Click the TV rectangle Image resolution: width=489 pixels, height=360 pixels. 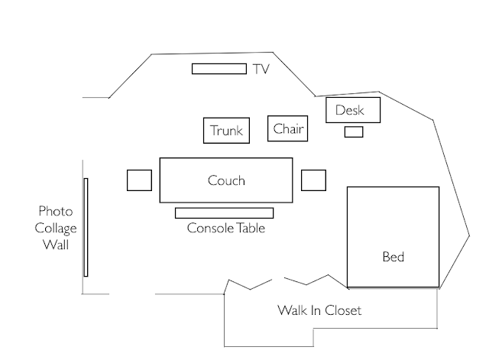click(219, 69)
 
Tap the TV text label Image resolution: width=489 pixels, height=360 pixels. click(261, 70)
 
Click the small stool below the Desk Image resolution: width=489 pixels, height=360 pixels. click(353, 131)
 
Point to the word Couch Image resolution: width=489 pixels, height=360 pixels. click(226, 181)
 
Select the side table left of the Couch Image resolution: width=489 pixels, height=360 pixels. click(139, 180)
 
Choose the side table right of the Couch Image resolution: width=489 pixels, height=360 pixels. click(313, 180)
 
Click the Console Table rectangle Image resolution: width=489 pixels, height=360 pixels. click(224, 212)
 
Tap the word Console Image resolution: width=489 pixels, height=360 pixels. click(209, 228)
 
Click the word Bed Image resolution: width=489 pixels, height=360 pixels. click(393, 258)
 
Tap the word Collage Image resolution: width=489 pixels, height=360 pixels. click(55, 228)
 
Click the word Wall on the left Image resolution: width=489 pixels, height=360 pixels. click(55, 245)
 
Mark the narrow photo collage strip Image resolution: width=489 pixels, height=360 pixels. click(86, 227)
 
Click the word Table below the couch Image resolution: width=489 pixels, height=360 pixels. click(248, 228)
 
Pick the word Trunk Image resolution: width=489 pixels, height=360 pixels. click(227, 131)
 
